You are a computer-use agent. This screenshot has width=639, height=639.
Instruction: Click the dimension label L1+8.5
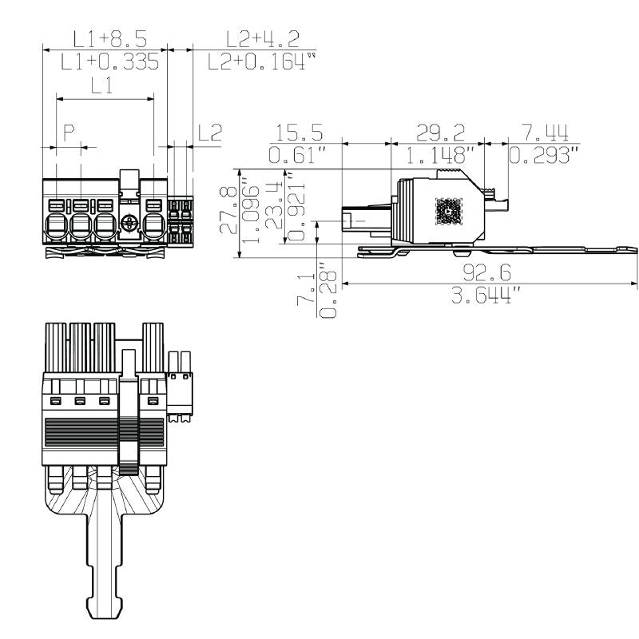coord(109,38)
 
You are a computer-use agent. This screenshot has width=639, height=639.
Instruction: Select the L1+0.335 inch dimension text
coord(111,62)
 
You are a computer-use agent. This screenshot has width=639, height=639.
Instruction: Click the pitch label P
coord(69,131)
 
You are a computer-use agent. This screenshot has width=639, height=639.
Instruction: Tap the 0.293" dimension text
coord(543,154)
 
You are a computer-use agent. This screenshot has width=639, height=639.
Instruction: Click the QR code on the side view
coord(447,211)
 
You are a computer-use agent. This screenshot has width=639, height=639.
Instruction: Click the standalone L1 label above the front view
coord(101,85)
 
